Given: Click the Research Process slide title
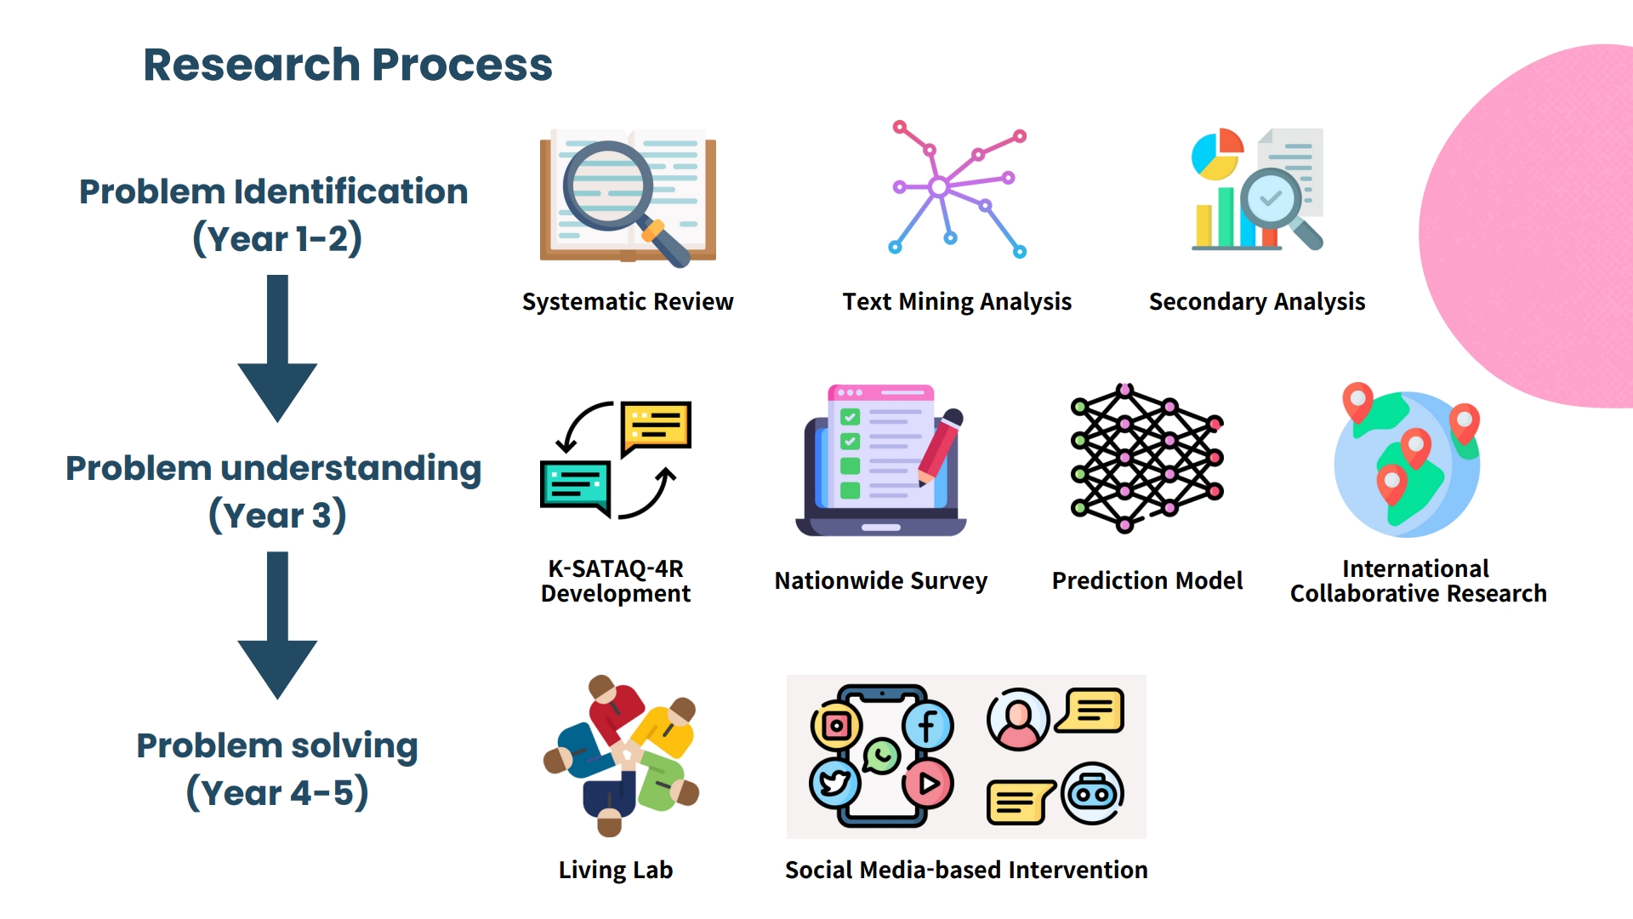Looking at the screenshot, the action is pyautogui.click(x=348, y=65).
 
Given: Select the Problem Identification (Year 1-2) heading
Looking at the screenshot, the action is pyautogui.click(x=274, y=215).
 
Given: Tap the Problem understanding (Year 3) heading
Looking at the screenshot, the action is pyautogui.click(x=274, y=492).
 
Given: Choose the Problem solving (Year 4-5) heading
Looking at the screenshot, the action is pyautogui.click(x=277, y=768).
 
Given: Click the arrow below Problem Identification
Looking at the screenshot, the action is pyautogui.click(x=277, y=348).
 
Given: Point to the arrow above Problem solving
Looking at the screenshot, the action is pyautogui.click(x=277, y=625).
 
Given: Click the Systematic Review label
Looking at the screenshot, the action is pyautogui.click(x=628, y=302).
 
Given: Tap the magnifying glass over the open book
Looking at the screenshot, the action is pyautogui.click(x=625, y=203).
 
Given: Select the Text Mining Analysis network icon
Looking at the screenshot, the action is pyautogui.click(x=958, y=188).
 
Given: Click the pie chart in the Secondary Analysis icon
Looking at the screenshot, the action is pyautogui.click(x=1217, y=154).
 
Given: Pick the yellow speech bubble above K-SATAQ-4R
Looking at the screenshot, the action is pyautogui.click(x=656, y=427).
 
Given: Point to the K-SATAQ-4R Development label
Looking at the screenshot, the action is pyautogui.click(x=616, y=581).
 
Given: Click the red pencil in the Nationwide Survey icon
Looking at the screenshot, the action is pyautogui.click(x=940, y=448).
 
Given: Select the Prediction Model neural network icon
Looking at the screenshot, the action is pyautogui.click(x=1147, y=458).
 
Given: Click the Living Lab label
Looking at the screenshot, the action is pyautogui.click(x=616, y=870).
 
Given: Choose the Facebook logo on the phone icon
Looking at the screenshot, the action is pyautogui.click(x=928, y=726).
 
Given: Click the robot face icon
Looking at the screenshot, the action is pyautogui.click(x=1093, y=793).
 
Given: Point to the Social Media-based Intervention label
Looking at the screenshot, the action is pyautogui.click(x=966, y=870).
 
